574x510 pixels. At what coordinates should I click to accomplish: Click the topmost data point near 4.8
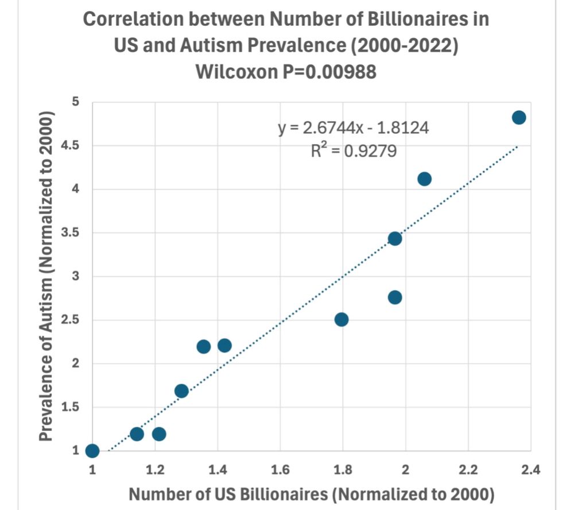(518, 117)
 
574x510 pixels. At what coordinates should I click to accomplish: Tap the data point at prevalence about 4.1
(424, 179)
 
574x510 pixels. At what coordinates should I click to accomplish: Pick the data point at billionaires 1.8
(342, 319)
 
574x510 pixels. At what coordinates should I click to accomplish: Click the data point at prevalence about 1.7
(181, 391)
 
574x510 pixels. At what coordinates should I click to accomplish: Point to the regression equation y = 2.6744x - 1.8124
(353, 127)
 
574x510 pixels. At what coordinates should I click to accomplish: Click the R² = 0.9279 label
(353, 151)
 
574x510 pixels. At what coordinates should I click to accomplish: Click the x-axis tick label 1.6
(280, 470)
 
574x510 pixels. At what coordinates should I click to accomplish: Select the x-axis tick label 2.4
(530, 470)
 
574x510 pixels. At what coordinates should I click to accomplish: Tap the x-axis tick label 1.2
(154, 470)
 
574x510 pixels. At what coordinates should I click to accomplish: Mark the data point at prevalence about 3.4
(395, 238)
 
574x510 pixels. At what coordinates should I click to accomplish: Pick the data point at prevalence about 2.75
(395, 297)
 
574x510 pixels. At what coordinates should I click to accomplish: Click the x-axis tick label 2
(406, 470)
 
